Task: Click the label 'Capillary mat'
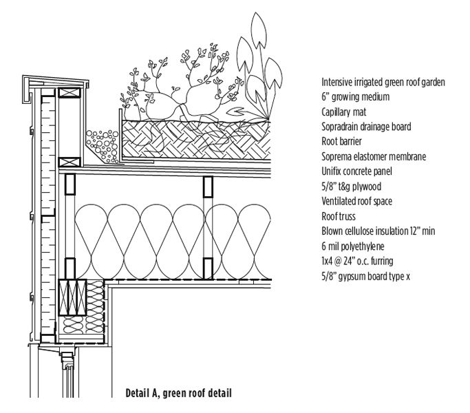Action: pos(345,112)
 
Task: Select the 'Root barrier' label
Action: pos(341,142)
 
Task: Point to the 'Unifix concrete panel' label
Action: pos(356,171)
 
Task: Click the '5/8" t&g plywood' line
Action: pos(350,187)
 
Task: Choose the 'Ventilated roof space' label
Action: pos(356,202)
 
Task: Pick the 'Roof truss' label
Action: pos(339,217)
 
